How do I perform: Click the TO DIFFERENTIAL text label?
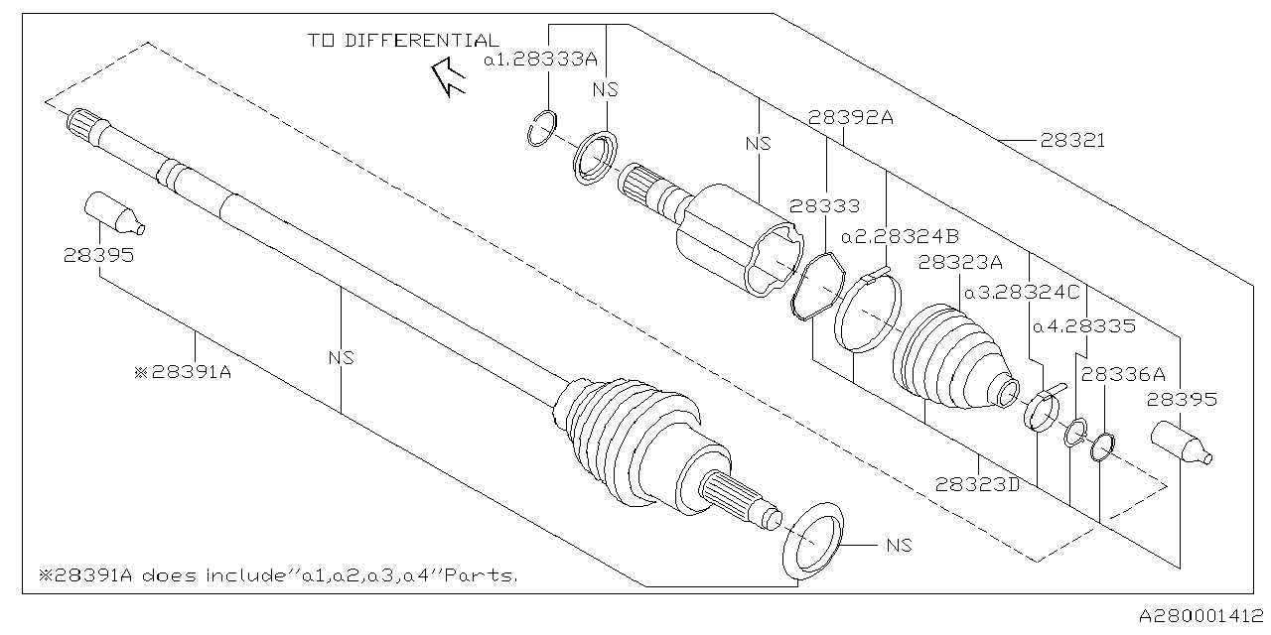(403, 41)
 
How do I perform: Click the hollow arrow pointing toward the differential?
(447, 77)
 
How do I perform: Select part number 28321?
(1072, 141)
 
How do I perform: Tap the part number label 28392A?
(850, 117)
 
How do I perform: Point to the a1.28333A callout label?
(540, 60)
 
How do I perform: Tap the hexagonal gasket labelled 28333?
(815, 289)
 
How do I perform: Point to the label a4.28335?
(1083, 324)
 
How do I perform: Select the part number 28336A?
(1122, 374)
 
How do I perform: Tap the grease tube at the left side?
(111, 214)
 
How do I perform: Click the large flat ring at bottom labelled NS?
(813, 541)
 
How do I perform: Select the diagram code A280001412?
(1200, 617)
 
